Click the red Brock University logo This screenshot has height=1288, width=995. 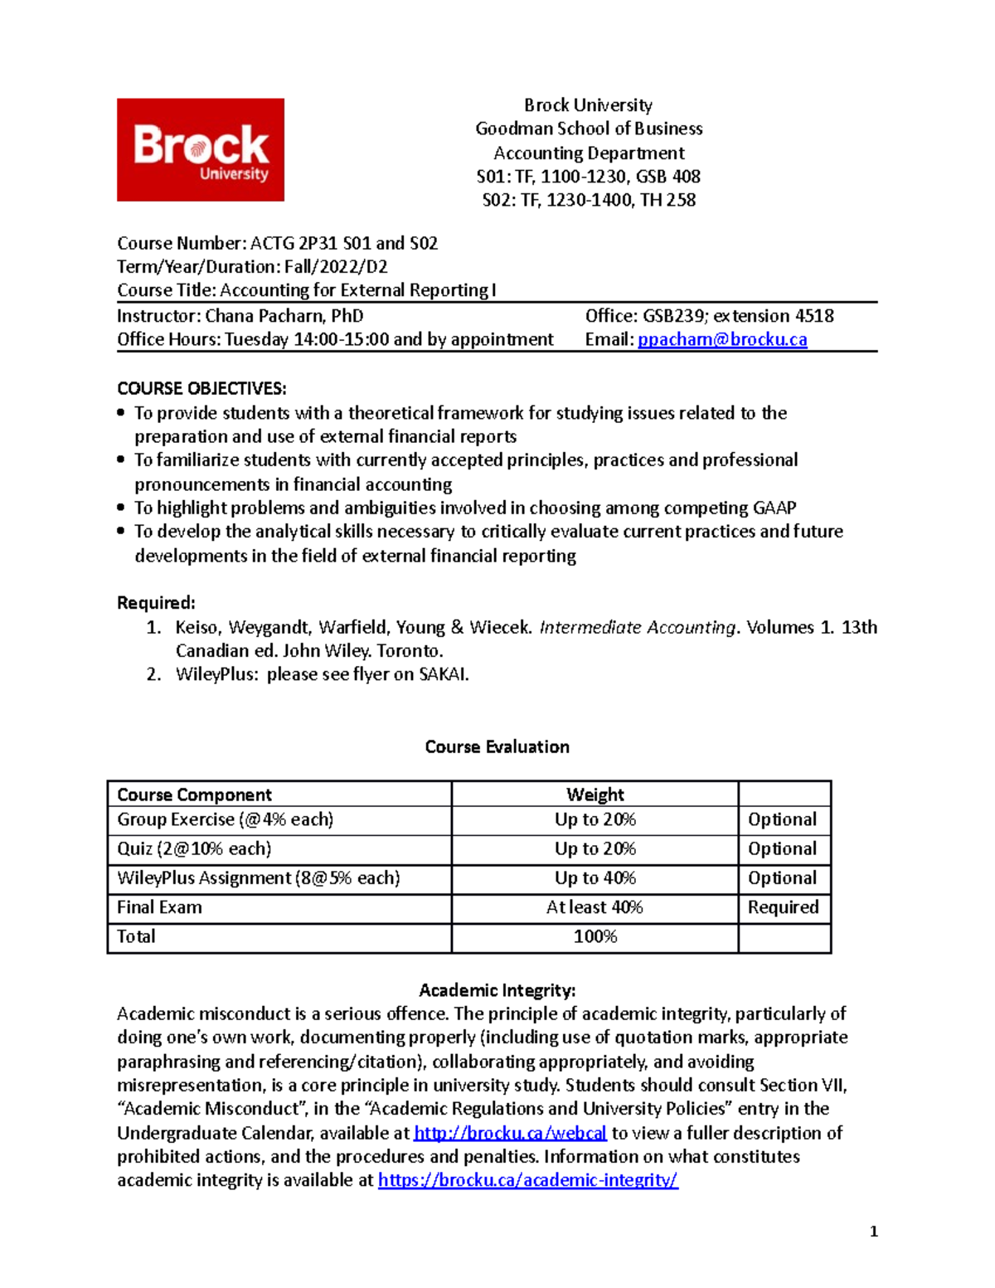tap(200, 150)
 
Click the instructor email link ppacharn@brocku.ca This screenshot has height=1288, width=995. tap(721, 339)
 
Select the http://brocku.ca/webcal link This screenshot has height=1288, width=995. tap(510, 1133)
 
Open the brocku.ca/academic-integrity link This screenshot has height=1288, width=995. tap(528, 1180)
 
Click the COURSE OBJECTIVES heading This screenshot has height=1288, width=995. tap(201, 388)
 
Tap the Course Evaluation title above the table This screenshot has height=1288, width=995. tap(497, 746)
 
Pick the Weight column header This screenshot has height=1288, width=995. tap(595, 795)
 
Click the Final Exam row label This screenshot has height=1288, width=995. tap(159, 907)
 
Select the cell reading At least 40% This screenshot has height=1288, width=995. tap(595, 907)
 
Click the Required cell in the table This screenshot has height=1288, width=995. tap(783, 907)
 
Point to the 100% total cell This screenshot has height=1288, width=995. tap(595, 937)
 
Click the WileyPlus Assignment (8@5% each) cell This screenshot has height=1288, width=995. tap(259, 878)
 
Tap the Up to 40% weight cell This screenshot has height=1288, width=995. tap(595, 878)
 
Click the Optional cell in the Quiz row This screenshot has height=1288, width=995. tap(782, 849)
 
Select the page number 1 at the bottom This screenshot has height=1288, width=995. tap(873, 1232)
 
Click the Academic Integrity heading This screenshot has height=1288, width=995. tap(497, 990)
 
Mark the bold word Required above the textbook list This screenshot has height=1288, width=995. tap(156, 603)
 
